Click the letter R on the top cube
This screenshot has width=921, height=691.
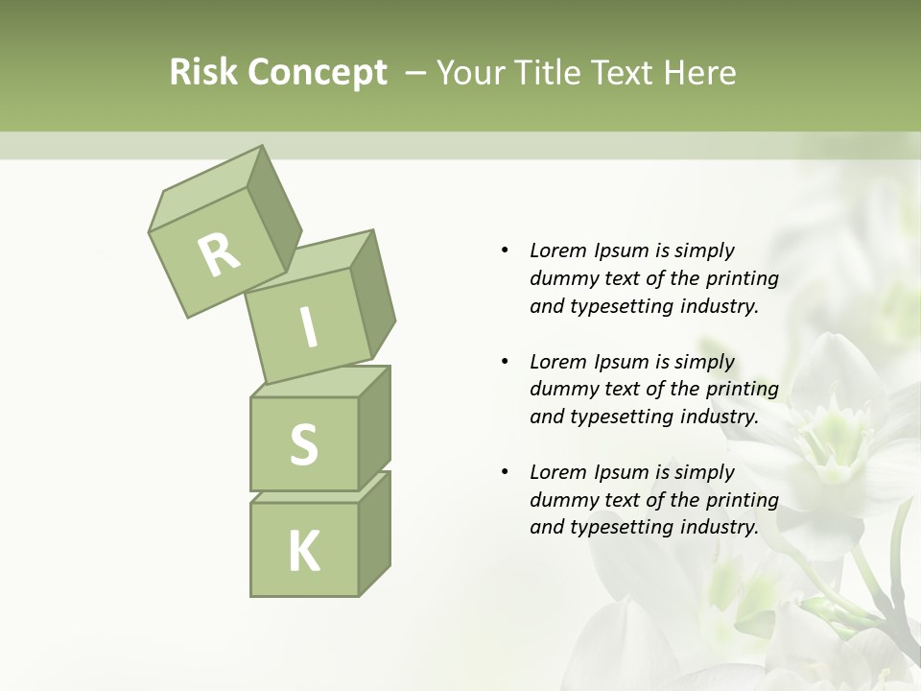(x=219, y=254)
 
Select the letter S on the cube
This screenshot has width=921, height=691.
(x=303, y=444)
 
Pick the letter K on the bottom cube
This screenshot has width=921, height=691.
(x=303, y=551)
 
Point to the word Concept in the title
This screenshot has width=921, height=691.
(x=316, y=73)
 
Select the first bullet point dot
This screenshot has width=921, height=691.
(x=505, y=250)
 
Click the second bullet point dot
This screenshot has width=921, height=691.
(x=505, y=362)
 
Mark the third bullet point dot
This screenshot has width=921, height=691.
(x=505, y=472)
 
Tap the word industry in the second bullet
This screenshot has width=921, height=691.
(x=719, y=417)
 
